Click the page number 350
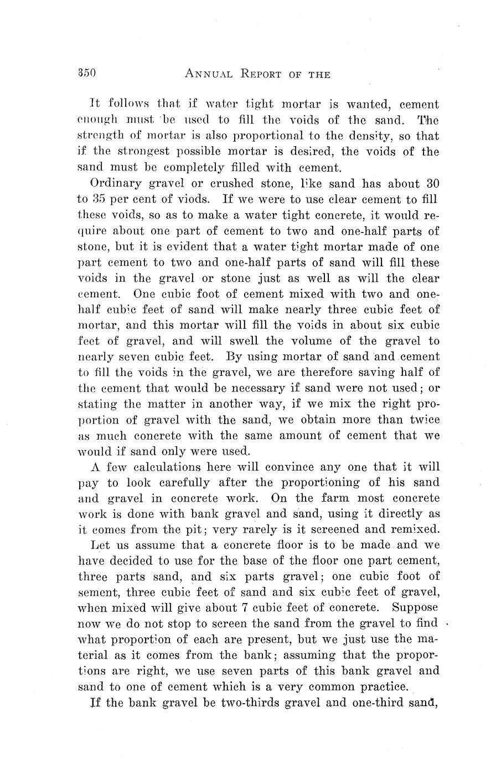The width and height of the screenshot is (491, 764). point(87,73)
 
